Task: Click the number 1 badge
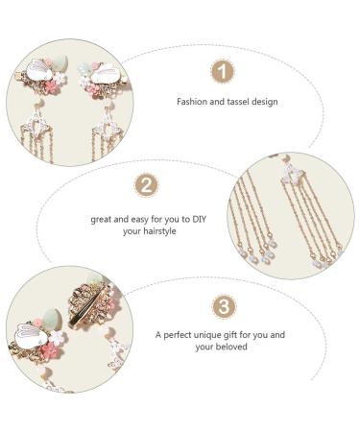[x=223, y=71]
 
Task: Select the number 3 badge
[x=223, y=307]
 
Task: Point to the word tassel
[x=236, y=100]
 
